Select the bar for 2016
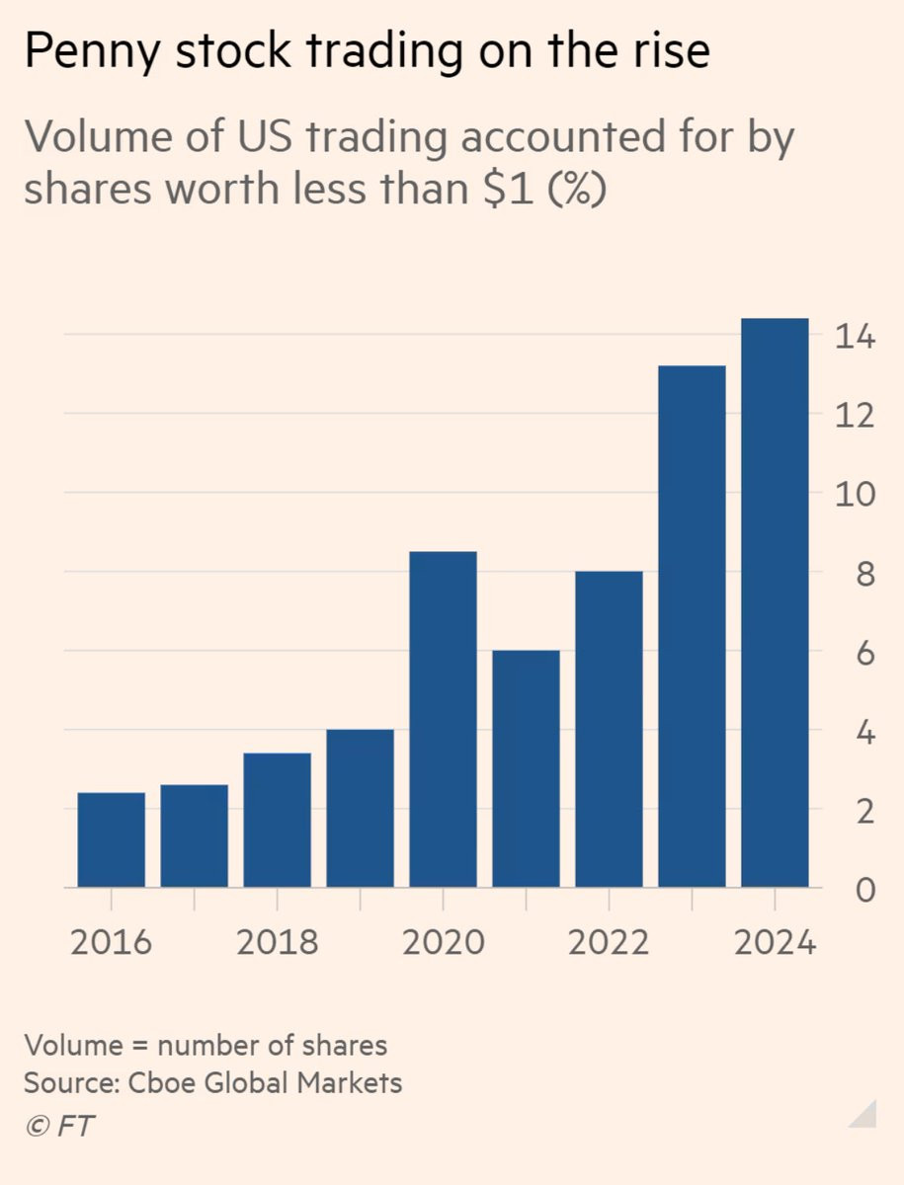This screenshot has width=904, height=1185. coord(112,839)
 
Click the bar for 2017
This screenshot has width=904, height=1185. coord(195,835)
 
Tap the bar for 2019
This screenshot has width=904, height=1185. coord(361,808)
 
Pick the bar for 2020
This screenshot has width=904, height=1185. coord(444,719)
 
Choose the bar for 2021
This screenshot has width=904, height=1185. coord(527,768)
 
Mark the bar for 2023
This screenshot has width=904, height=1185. coord(692,626)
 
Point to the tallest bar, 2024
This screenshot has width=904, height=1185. coord(775,602)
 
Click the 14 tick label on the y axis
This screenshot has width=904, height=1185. coord(853,337)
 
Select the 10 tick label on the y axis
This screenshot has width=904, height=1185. coord(853,494)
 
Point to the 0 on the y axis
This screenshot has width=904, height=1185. coord(863,890)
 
